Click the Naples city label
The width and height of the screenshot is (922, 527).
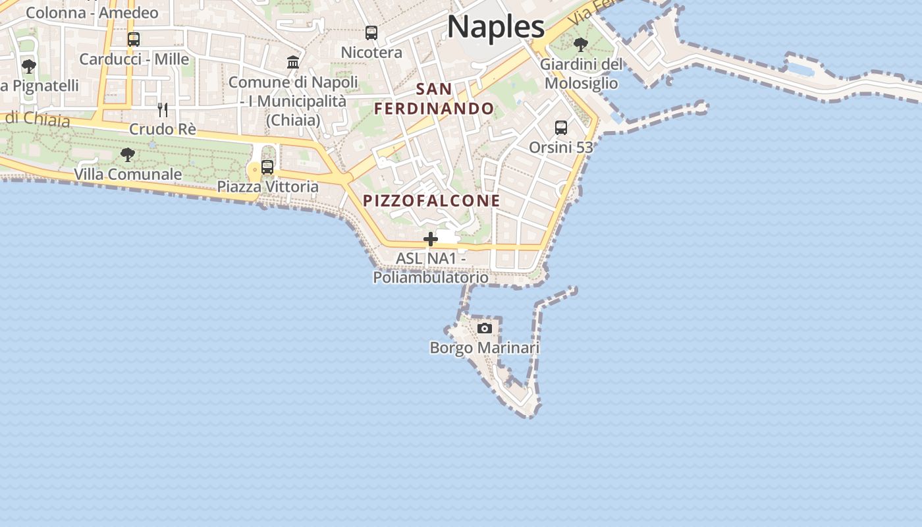click(496, 27)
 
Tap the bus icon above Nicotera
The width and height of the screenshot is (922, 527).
click(371, 33)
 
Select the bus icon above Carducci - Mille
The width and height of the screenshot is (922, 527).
click(134, 40)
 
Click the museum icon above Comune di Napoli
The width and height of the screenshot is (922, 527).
click(293, 63)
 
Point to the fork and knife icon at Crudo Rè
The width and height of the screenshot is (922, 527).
click(163, 109)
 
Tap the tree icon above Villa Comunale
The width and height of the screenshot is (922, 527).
click(128, 155)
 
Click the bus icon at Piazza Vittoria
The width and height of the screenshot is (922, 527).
click(267, 167)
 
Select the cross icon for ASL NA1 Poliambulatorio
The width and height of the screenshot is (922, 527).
click(431, 239)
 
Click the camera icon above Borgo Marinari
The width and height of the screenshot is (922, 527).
click(485, 328)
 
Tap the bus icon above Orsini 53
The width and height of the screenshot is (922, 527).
click(561, 128)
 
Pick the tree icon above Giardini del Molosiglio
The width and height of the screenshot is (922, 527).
click(581, 45)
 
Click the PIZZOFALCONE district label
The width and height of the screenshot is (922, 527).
click(431, 201)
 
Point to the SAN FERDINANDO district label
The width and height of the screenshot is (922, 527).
click(435, 99)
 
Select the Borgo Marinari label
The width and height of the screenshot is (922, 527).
click(485, 348)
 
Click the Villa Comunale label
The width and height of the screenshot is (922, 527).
click(128, 175)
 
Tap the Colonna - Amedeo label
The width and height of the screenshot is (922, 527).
click(92, 13)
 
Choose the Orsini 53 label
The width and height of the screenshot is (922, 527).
click(561, 148)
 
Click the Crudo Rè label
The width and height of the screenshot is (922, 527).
click(163, 129)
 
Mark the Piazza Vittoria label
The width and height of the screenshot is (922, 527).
click(268, 187)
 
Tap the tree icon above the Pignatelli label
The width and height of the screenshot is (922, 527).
click(28, 66)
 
